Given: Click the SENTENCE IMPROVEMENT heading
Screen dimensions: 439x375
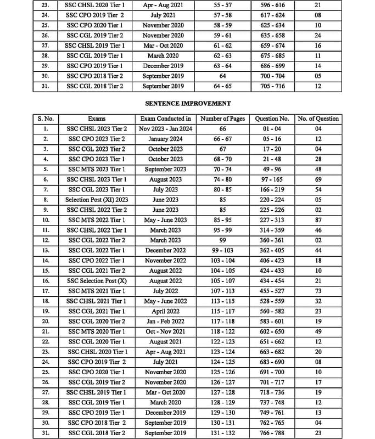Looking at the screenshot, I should (187, 103).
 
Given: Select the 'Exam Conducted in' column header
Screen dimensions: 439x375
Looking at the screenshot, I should (166, 119).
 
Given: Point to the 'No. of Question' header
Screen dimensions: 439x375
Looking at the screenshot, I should (318, 119).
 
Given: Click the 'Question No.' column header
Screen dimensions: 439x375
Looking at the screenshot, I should (272, 119).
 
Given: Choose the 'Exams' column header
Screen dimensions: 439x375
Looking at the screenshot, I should (97, 119).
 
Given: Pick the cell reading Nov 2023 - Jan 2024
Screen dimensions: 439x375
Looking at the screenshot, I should (166, 129).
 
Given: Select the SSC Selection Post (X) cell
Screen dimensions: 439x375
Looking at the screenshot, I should (97, 281).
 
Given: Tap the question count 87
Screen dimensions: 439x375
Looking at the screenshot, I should (318, 220).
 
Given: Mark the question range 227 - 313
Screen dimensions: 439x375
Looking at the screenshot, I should (272, 220).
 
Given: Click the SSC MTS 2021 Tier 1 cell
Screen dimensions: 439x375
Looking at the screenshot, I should (97, 291).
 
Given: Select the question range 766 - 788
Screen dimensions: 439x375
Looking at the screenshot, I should (272, 433).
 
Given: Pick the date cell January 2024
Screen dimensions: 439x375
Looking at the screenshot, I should (166, 139).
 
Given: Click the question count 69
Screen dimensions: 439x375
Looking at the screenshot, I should (318, 179).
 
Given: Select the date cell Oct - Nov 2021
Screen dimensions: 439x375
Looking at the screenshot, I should (166, 331).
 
